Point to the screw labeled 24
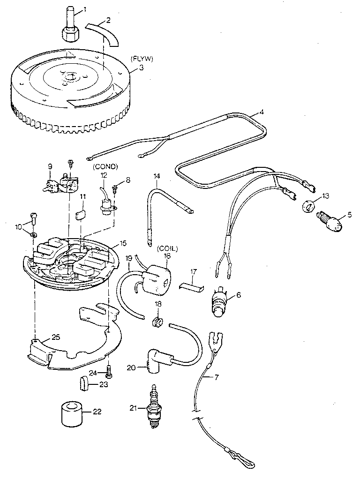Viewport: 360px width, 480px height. [x=109, y=373]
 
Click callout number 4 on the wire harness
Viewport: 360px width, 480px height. [x=261, y=112]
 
